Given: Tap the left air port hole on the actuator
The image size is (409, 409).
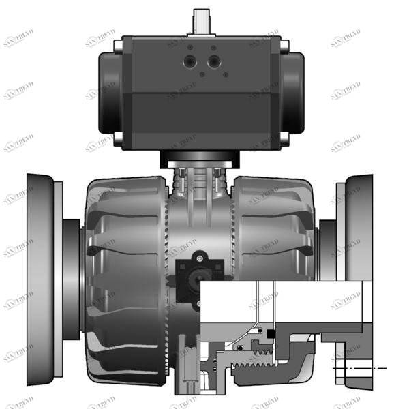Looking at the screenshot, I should click(189, 62).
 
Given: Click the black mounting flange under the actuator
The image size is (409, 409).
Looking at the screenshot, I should click(200, 160).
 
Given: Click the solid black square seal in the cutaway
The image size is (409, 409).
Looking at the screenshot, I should click(271, 333).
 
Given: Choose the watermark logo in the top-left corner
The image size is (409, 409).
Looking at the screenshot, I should click(18, 39).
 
